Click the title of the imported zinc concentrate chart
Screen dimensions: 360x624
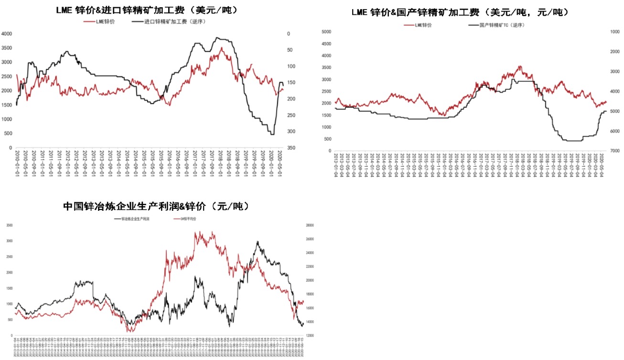(147, 10)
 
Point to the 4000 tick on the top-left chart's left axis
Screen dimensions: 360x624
(7, 33)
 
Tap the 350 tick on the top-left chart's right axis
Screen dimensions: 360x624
(291, 148)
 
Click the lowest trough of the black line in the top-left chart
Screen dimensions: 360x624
(272, 134)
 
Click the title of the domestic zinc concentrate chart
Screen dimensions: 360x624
(457, 12)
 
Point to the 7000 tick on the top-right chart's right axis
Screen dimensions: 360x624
(615, 151)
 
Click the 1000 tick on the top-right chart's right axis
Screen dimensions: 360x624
(615, 32)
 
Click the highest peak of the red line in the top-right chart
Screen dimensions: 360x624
(520, 66)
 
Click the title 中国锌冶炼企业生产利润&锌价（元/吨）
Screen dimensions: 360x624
(157, 207)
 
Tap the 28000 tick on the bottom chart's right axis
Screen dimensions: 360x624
(309, 225)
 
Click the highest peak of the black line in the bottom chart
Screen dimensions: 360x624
(258, 242)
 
